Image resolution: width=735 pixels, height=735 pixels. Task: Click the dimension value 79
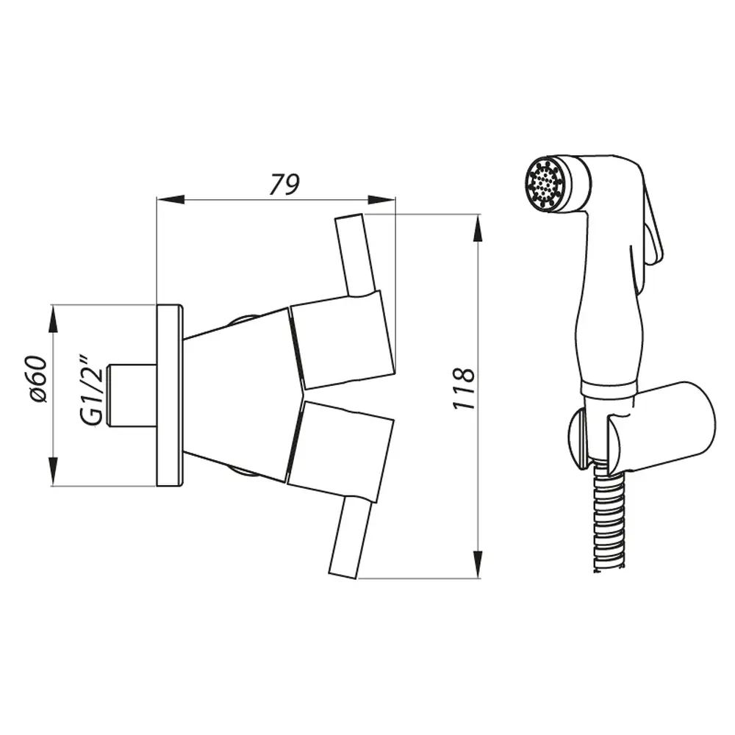[x=284, y=184]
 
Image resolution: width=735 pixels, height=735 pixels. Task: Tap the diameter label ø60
[x=37, y=379]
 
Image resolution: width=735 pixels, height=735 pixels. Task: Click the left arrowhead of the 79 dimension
[x=171, y=199]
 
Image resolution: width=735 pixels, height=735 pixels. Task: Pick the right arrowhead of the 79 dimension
[x=381, y=199]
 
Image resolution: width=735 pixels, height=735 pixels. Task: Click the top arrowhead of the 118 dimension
[x=477, y=229]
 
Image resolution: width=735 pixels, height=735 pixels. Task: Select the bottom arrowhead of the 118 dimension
[x=477, y=564]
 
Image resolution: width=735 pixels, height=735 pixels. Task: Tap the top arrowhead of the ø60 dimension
[x=53, y=319]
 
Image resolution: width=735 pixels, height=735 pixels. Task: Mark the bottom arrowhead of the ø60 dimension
[x=53, y=472]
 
